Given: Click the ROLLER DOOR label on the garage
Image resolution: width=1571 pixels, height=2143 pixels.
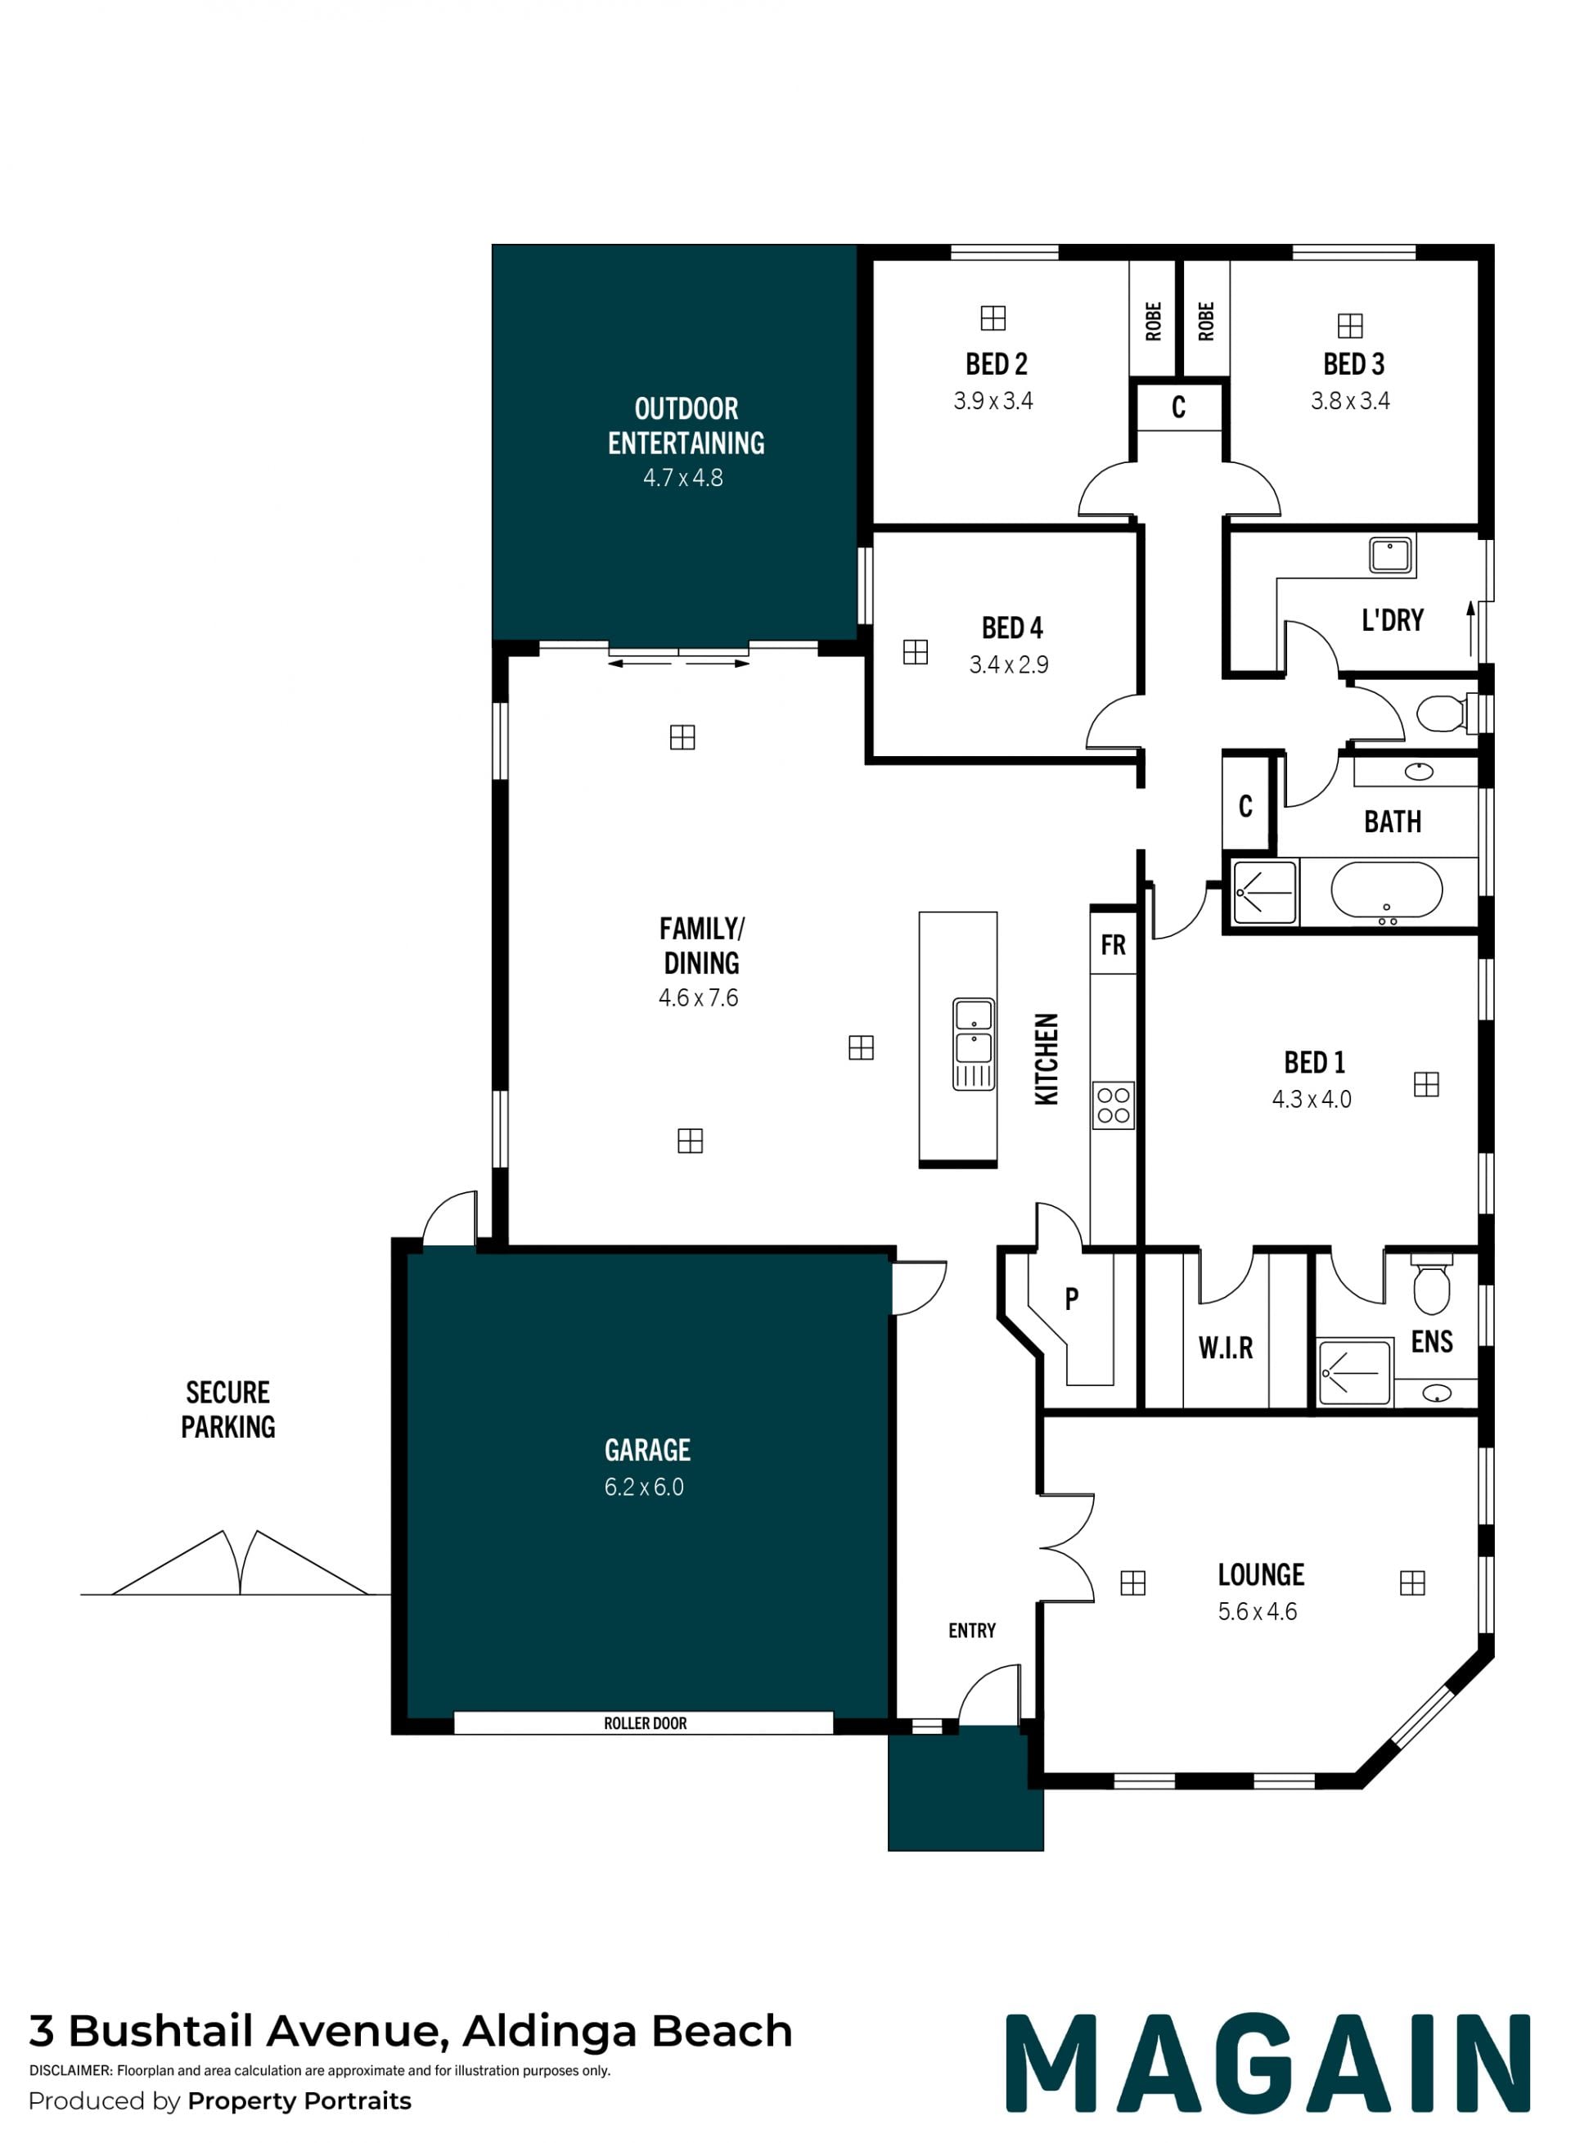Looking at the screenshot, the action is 645,1722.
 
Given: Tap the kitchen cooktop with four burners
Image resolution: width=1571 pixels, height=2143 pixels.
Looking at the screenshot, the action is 1113,1105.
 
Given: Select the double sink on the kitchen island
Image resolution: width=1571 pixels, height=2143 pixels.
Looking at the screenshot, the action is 973,1043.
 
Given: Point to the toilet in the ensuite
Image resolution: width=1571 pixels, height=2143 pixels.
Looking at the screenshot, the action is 1431,1284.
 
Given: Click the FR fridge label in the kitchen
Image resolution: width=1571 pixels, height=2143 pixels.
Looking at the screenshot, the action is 1113,945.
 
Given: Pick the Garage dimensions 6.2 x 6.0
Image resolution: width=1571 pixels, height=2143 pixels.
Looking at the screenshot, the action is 644,1487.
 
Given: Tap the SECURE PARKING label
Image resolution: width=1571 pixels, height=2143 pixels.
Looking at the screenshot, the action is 228,1409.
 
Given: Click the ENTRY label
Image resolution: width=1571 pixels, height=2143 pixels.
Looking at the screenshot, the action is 972,1631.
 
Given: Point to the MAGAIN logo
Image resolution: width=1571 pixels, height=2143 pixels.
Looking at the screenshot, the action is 1267,2063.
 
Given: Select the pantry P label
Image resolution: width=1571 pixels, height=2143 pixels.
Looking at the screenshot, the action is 1072,1299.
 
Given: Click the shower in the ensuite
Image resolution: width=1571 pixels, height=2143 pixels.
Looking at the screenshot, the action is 1353,1372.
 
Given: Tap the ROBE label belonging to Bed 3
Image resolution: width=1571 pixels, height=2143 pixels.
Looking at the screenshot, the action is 1206,322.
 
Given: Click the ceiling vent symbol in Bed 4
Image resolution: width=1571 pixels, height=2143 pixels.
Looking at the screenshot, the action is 915,652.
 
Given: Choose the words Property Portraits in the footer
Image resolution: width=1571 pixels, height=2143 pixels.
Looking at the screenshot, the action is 299,2100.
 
